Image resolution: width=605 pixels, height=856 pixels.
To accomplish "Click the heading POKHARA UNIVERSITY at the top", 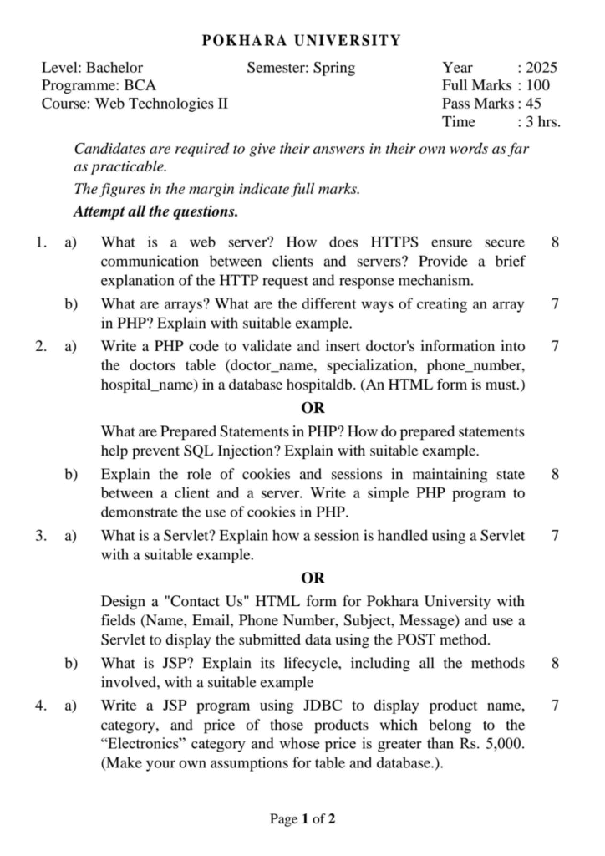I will (302, 40).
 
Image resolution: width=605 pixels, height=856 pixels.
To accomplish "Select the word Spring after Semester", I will (333, 68).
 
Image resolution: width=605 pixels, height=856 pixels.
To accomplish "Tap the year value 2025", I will (541, 68).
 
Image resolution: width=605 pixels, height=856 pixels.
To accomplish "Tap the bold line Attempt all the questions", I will (155, 211).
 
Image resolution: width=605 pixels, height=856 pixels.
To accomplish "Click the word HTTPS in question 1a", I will (398, 243).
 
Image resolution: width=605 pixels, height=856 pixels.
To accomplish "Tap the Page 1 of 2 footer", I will (302, 818).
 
